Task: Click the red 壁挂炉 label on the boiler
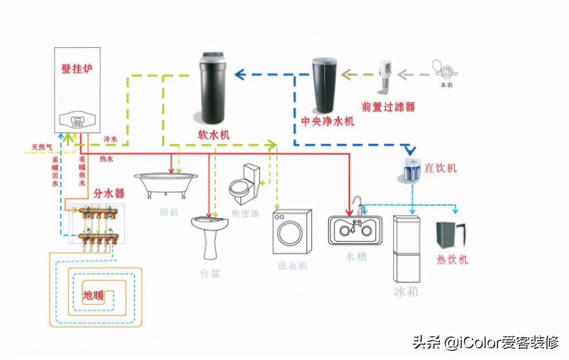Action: [x=77, y=69]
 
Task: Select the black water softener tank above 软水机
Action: [x=214, y=89]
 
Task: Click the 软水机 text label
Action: [x=214, y=135]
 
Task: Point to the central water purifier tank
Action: [x=324, y=85]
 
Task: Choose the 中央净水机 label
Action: [x=327, y=121]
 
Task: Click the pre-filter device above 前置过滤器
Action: [x=385, y=74]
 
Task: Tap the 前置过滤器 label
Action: [x=388, y=106]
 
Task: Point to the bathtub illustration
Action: [x=166, y=184]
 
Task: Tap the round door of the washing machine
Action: [x=290, y=233]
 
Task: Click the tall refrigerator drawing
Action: [x=406, y=249]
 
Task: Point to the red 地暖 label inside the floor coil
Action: [x=93, y=296]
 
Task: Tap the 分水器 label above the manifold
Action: [x=109, y=194]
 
